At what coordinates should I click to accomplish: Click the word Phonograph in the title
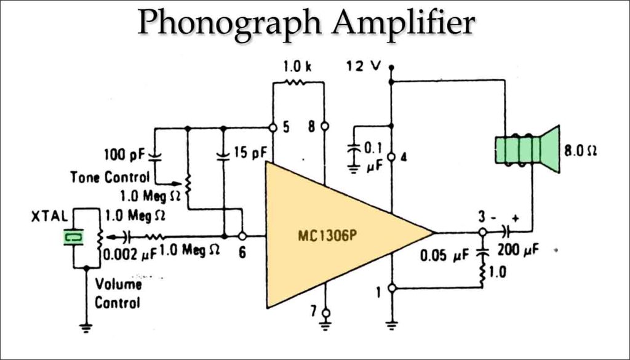coord(228,23)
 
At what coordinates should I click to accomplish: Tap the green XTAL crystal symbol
coord(74,236)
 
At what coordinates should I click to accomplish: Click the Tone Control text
coord(110,177)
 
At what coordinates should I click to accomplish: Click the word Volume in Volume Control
coord(118,284)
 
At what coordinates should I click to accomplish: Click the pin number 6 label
coord(242,252)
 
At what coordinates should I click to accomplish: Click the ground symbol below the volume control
coord(86,328)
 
